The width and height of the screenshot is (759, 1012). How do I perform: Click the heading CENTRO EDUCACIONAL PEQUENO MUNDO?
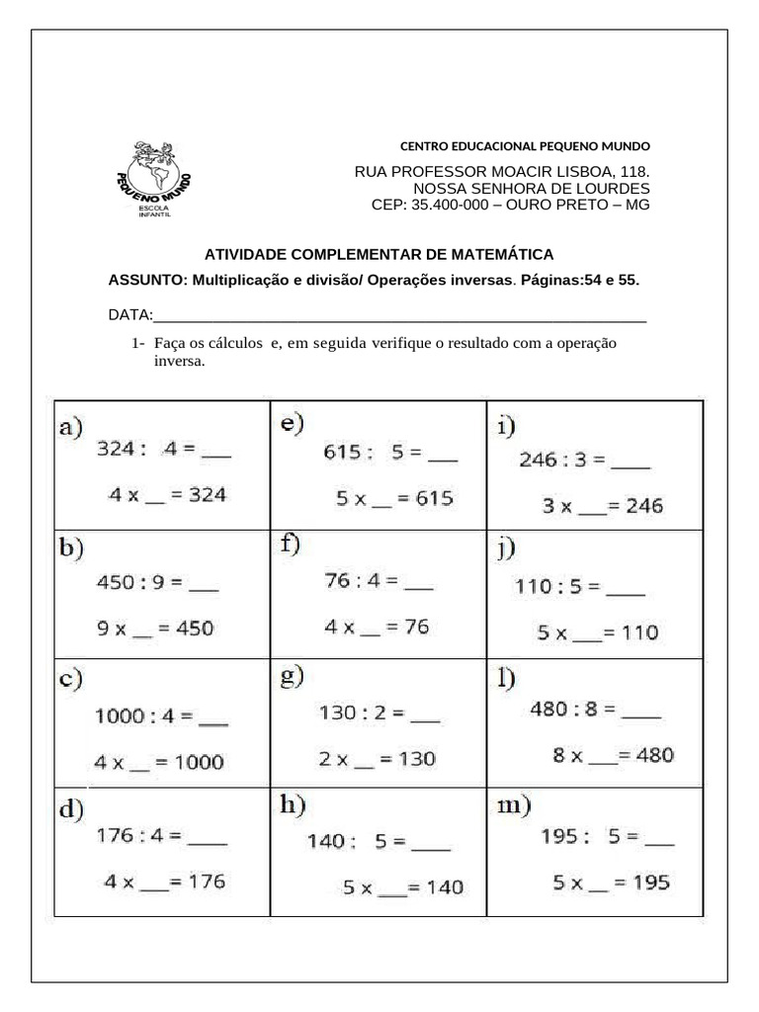click(524, 146)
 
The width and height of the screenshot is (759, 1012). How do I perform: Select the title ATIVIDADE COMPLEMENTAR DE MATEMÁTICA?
click(379, 255)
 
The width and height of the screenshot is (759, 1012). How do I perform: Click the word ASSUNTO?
click(145, 280)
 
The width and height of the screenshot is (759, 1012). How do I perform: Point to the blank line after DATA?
click(399, 316)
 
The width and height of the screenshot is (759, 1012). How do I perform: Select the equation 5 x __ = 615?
click(394, 499)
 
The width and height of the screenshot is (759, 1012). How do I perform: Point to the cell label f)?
click(290, 544)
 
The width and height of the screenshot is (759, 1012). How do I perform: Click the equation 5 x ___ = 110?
click(597, 632)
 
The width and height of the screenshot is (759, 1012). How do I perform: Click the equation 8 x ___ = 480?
click(613, 756)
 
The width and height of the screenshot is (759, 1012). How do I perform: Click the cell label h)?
click(289, 807)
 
